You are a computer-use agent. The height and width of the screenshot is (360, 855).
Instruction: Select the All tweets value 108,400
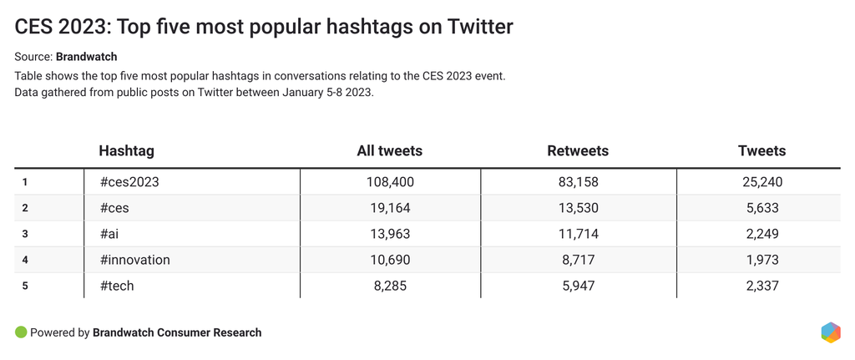click(x=389, y=181)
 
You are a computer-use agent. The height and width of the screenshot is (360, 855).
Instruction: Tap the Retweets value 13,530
click(x=578, y=208)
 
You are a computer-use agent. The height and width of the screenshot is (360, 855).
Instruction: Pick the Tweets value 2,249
click(x=762, y=234)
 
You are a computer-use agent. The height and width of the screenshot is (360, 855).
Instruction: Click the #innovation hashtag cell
click(x=134, y=260)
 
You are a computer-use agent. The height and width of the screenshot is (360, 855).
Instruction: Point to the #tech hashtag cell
click(x=117, y=286)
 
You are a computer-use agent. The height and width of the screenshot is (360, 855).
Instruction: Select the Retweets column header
click(x=578, y=151)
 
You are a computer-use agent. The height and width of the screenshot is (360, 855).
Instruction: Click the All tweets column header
click(x=389, y=151)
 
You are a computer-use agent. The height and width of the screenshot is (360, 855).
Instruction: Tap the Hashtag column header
click(x=126, y=151)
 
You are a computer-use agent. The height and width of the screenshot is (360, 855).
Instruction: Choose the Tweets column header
click(x=762, y=151)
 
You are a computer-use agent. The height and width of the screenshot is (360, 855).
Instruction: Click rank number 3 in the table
click(x=26, y=234)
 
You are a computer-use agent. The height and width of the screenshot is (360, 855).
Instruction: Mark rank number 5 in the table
click(x=26, y=286)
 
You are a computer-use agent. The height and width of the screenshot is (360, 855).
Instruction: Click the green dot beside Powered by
click(x=21, y=332)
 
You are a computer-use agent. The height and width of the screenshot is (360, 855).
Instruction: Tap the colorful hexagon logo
click(x=831, y=332)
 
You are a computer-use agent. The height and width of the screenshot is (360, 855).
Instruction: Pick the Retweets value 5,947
click(x=578, y=286)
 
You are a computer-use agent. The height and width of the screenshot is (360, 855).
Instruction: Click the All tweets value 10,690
click(x=389, y=260)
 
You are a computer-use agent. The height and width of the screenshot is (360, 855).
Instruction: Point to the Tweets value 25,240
click(x=762, y=181)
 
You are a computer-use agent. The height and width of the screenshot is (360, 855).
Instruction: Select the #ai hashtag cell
click(x=111, y=234)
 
